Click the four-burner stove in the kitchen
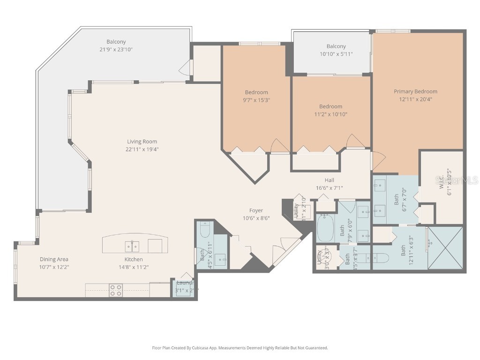116,290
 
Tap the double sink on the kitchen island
132,246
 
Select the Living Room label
142,142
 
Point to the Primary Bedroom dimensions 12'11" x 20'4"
415,99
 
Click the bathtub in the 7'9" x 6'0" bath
326,228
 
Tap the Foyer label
256,210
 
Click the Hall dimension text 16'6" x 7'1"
329,188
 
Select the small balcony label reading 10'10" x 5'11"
336,54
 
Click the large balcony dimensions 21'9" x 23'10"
116,50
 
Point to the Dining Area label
54,259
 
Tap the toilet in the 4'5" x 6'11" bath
205,230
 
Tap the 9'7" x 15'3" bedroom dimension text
256,100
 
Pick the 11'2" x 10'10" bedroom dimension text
330,114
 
